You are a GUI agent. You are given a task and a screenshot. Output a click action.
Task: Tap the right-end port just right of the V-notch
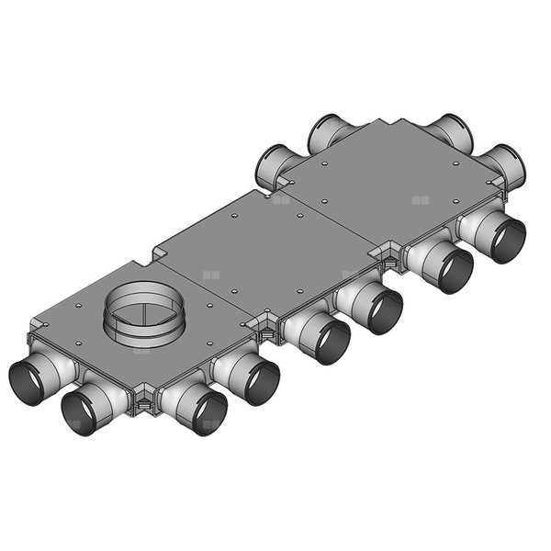point(451,134)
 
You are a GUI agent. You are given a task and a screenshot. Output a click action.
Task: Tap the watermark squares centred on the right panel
point(420,199)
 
